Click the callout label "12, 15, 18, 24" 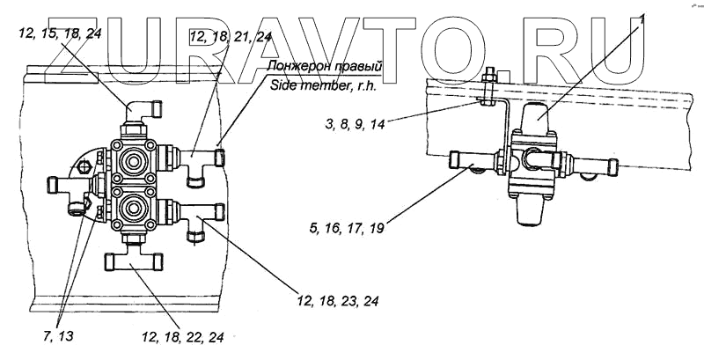[58, 34]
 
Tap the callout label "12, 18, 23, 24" [338, 302]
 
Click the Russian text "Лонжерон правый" [328, 65]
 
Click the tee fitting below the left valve [134, 261]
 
